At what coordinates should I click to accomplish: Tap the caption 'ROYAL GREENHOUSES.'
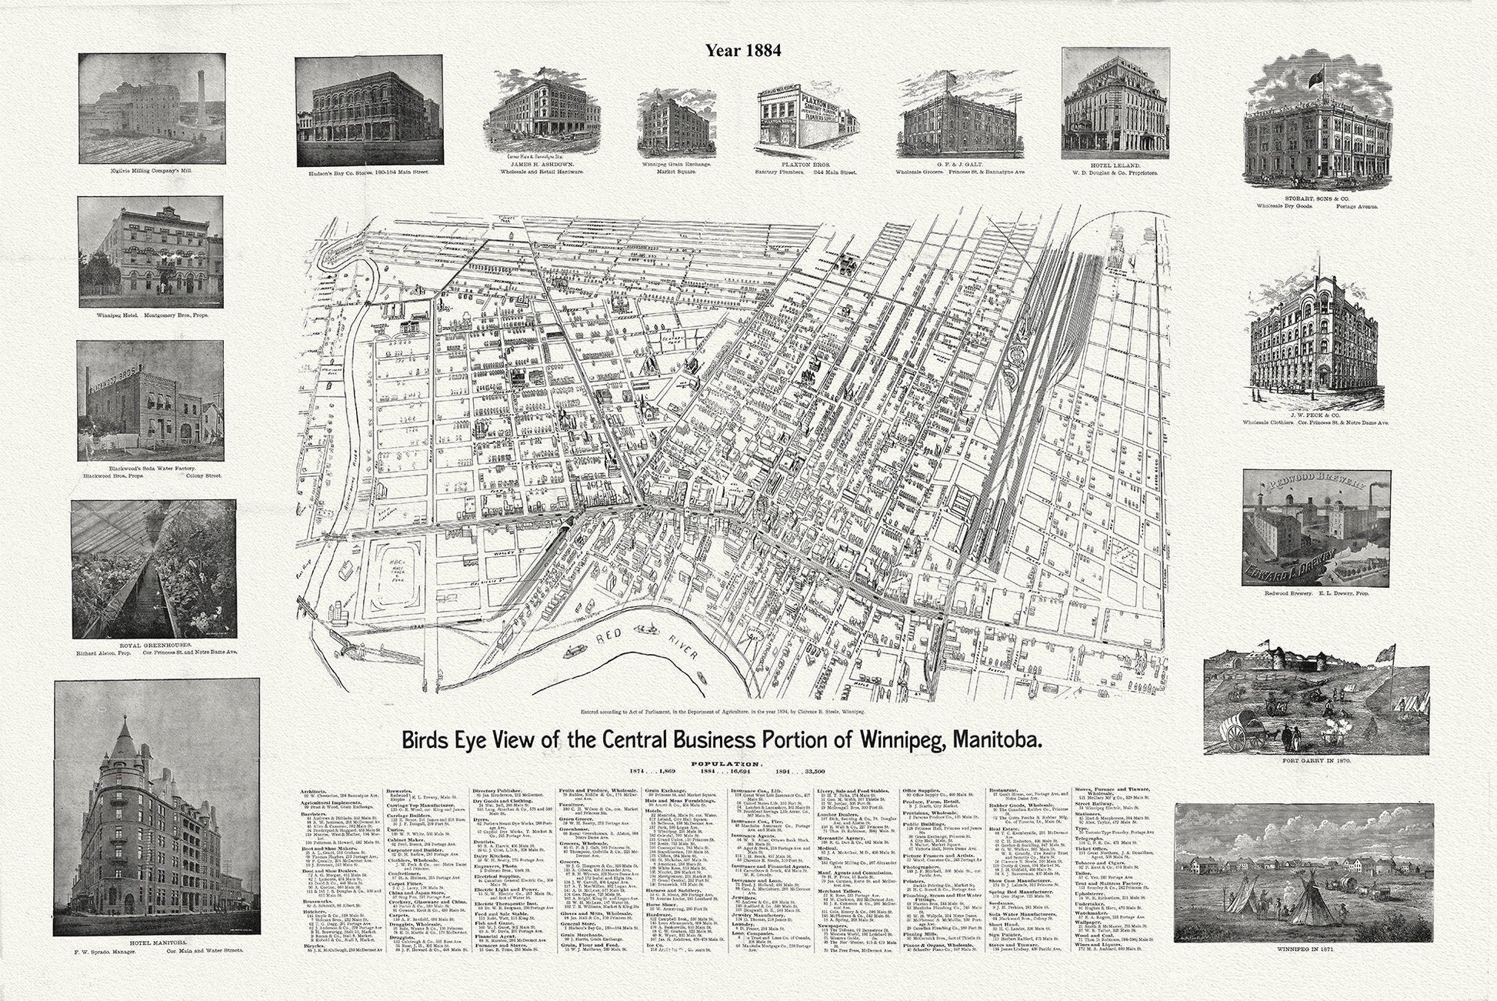[152, 645]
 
